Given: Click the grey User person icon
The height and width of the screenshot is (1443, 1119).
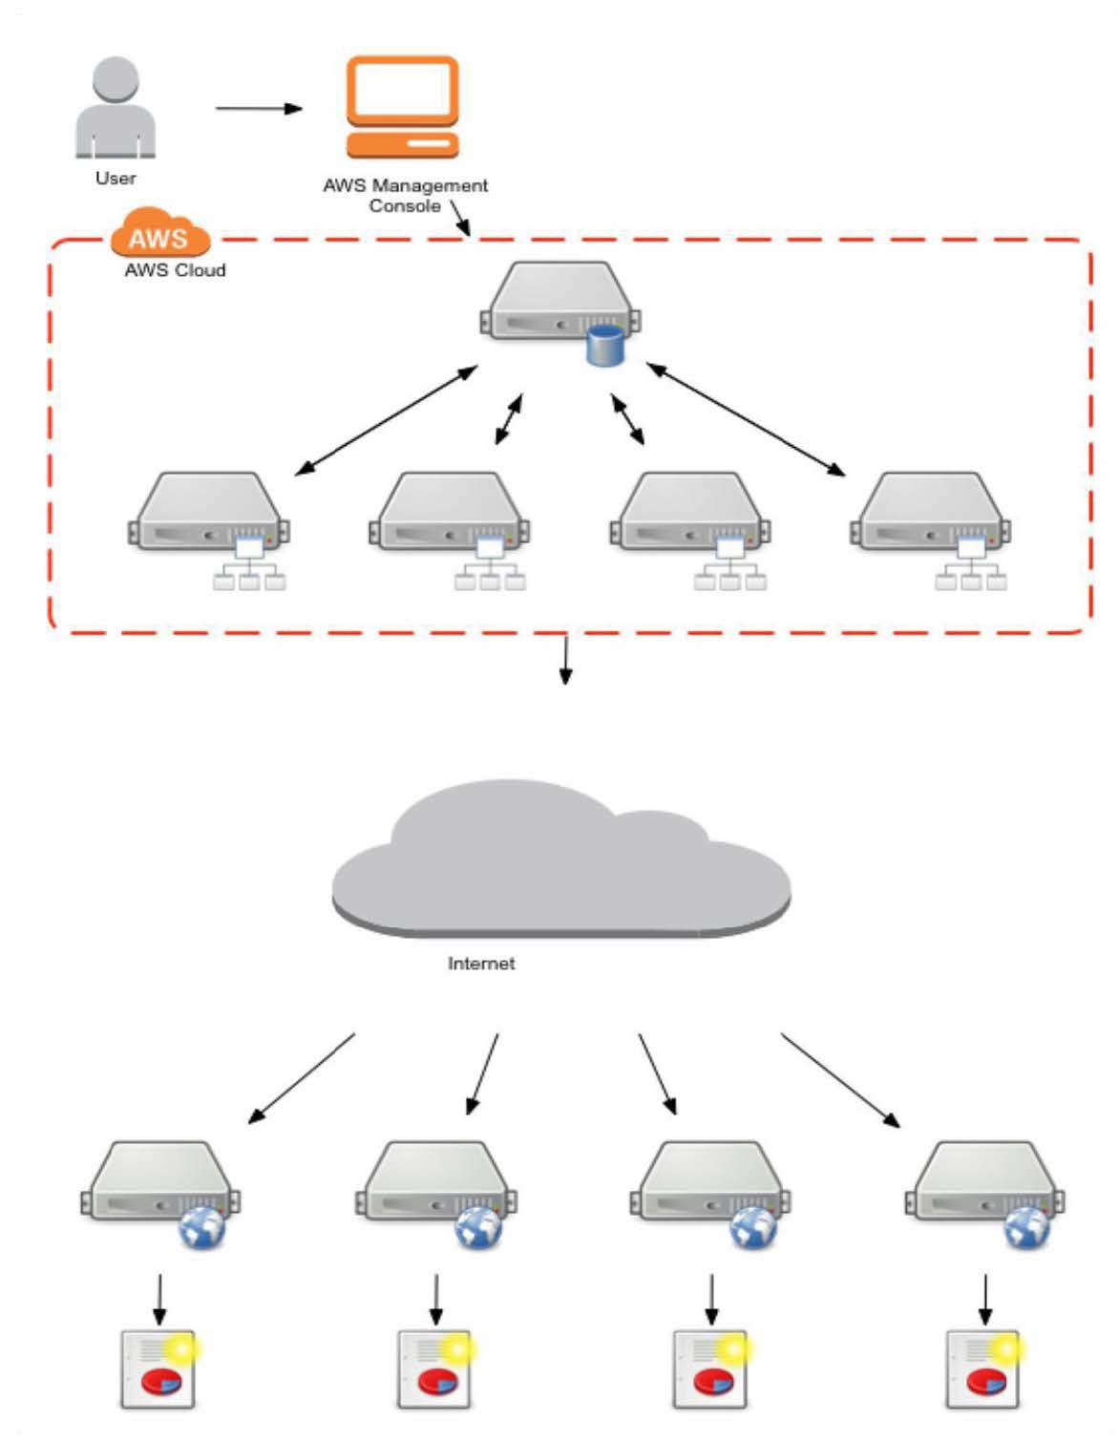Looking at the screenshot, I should (x=116, y=107).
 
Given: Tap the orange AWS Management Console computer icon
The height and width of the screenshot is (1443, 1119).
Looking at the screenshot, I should (x=402, y=106).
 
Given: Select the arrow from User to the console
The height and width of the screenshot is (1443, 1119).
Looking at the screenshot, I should (x=258, y=108).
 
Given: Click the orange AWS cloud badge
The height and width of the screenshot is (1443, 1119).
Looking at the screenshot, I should (x=159, y=234).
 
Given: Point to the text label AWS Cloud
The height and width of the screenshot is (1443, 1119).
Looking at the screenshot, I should (x=175, y=270).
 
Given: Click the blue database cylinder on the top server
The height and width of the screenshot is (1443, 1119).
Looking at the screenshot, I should (x=604, y=346).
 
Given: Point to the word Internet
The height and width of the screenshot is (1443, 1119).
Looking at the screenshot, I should (x=481, y=964).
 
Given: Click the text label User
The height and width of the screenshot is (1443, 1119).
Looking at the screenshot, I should (x=116, y=179).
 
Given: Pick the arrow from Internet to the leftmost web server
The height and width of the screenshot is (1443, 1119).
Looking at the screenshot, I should (x=302, y=1077).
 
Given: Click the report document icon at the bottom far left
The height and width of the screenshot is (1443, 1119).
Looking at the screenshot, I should (x=158, y=1369).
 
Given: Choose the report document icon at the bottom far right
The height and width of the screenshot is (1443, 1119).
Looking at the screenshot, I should (x=983, y=1369).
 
